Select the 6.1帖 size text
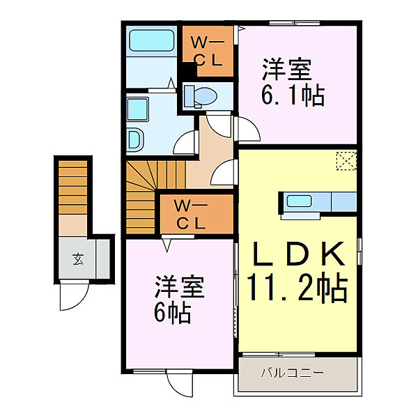click(293, 95)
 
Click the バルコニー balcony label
click(292, 373)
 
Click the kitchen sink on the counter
click(300, 201)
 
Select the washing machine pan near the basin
click(136, 139)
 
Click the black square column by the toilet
click(187, 71)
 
